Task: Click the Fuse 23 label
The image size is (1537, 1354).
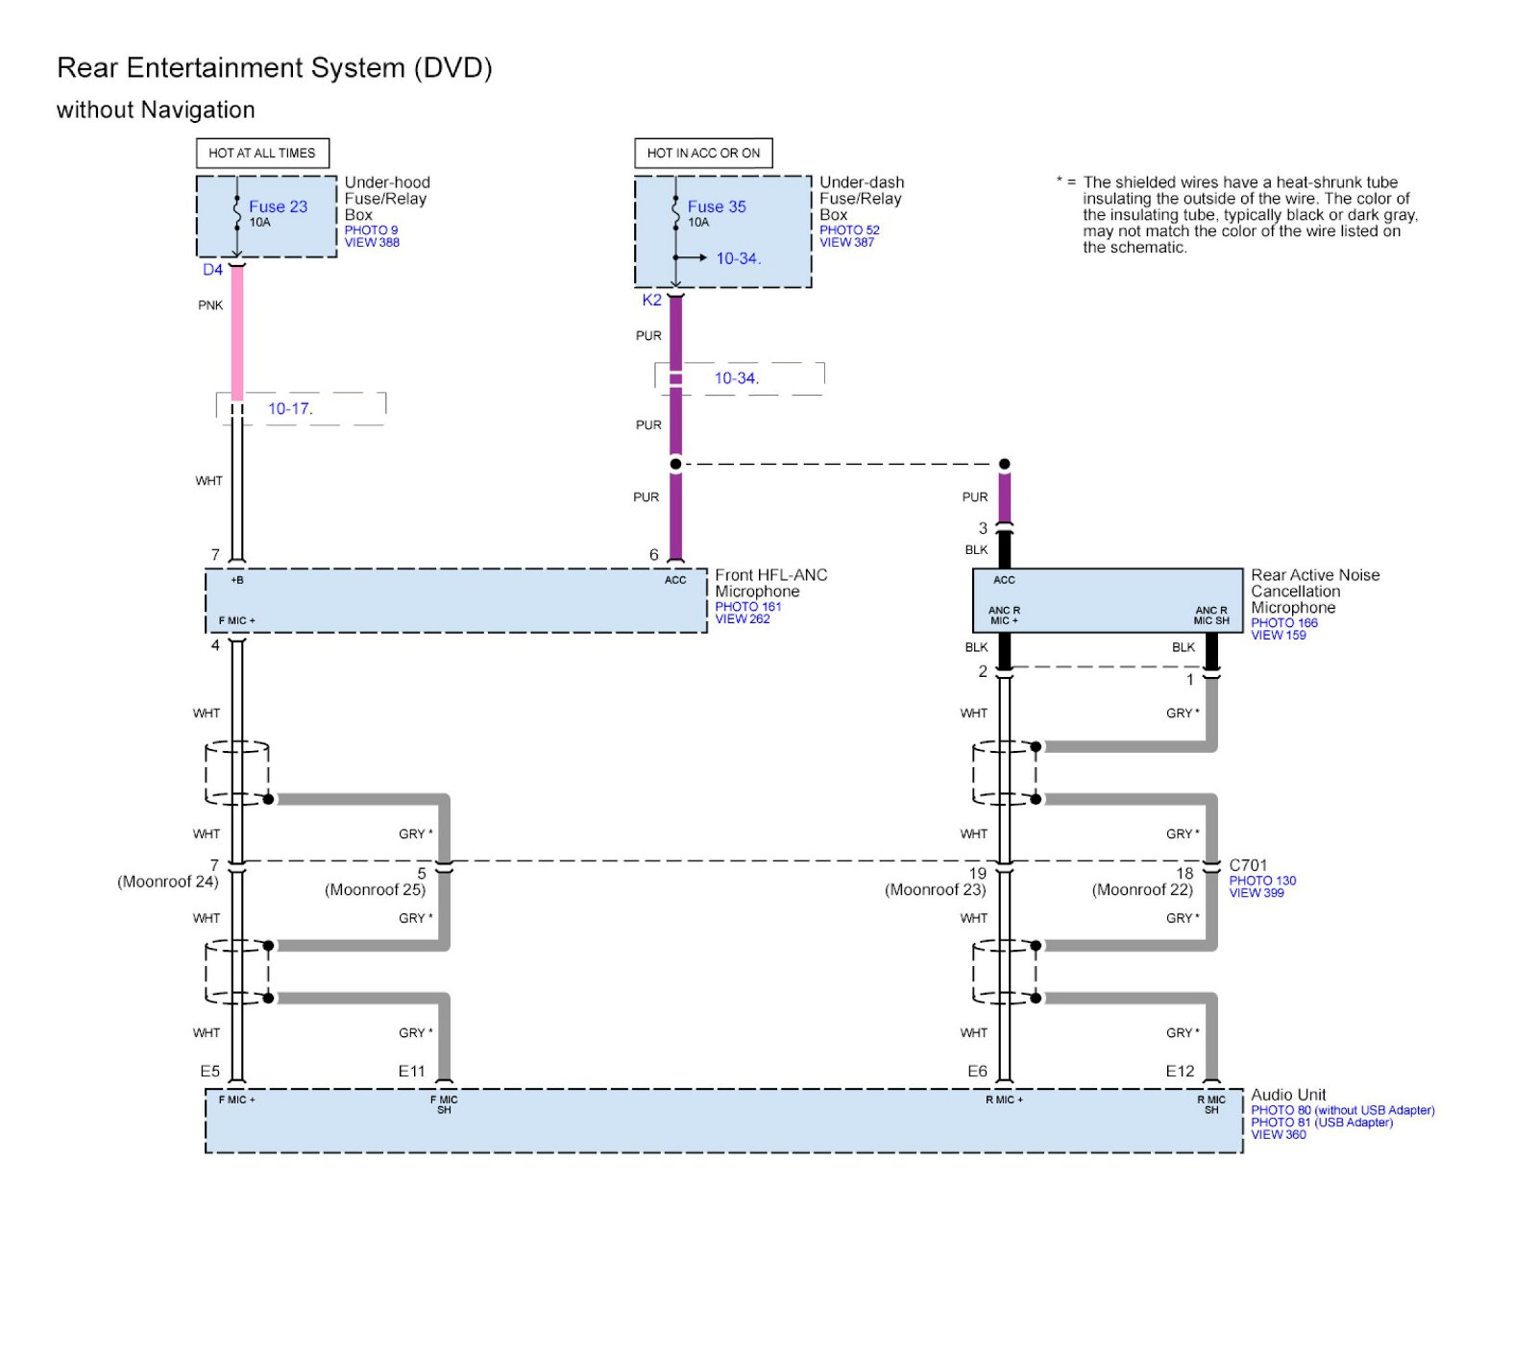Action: (x=278, y=206)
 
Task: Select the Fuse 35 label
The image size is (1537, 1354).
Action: (x=716, y=206)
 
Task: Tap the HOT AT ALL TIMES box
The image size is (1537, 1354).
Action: (x=261, y=153)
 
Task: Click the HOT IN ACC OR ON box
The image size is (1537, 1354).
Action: (x=703, y=153)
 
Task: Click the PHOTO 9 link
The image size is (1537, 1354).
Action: (x=371, y=230)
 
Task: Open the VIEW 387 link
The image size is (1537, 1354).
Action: (x=846, y=243)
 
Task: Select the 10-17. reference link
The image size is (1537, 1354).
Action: (x=290, y=409)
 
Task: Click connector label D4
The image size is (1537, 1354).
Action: (x=212, y=270)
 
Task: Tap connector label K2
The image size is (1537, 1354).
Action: (x=651, y=301)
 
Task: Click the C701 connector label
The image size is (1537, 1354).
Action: (x=1248, y=865)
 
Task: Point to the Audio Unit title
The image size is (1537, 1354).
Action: (x=1288, y=1095)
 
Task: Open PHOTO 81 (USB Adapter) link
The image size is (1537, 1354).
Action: (x=1321, y=1123)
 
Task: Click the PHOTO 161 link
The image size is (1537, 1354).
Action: (x=747, y=607)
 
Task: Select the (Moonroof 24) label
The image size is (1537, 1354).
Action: (x=167, y=882)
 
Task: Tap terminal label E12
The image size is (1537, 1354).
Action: (x=1180, y=1071)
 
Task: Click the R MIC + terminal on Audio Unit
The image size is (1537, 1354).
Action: (x=1004, y=1100)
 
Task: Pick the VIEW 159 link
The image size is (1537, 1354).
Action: (x=1278, y=636)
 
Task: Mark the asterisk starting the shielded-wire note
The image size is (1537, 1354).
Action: (x=1060, y=181)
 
